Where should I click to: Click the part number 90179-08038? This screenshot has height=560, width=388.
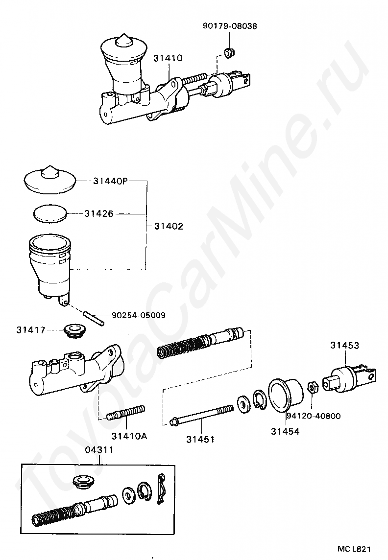(229, 26)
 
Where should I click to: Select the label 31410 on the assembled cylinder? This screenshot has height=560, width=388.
(168, 58)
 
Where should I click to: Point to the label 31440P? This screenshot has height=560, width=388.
(110, 181)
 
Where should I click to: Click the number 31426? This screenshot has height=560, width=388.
(98, 214)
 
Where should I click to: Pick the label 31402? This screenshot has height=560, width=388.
(169, 226)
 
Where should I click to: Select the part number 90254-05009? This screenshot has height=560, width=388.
(138, 315)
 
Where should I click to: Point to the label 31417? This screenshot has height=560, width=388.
(30, 330)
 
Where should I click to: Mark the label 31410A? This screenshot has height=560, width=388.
(129, 435)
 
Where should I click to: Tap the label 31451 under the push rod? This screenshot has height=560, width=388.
(200, 439)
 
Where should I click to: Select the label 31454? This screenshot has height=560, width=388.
(285, 431)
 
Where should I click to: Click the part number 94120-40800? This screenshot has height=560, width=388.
(314, 416)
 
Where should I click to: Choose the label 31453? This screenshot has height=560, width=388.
(344, 346)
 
